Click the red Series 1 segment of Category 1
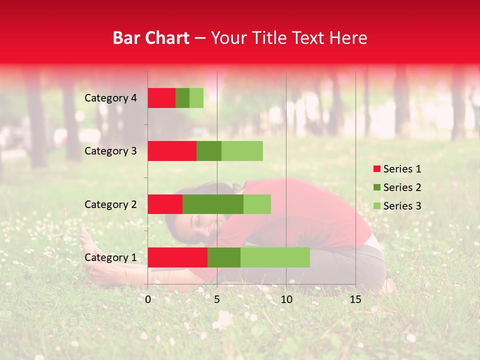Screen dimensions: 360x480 pyautogui.click(x=177, y=257)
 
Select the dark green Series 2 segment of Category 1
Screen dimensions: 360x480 pyautogui.click(x=224, y=257)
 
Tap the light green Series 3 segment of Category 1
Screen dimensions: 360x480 pyautogui.click(x=275, y=257)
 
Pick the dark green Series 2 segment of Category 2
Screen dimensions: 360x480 pyautogui.click(x=213, y=204)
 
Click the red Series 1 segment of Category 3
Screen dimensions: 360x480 pyautogui.click(x=172, y=150)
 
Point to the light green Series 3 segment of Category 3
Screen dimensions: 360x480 pyautogui.click(x=242, y=150)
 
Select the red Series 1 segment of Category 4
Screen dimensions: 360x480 pyautogui.click(x=161, y=97)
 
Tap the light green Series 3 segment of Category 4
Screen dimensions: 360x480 pyautogui.click(x=196, y=97)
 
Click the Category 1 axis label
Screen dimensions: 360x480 pyautogui.click(x=110, y=257)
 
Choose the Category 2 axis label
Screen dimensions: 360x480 pyautogui.click(x=110, y=204)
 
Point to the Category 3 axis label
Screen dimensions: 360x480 pyautogui.click(x=110, y=151)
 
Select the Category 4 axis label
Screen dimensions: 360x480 pyautogui.click(x=110, y=98)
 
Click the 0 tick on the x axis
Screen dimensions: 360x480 pyautogui.click(x=148, y=299)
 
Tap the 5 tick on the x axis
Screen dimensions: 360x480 pyautogui.click(x=217, y=299)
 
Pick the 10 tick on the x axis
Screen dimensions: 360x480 pyautogui.click(x=286, y=299)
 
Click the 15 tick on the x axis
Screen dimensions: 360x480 pyautogui.click(x=355, y=299)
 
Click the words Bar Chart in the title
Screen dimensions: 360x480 pyautogui.click(x=151, y=38)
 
